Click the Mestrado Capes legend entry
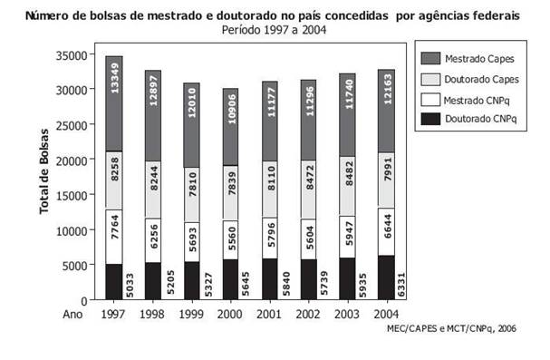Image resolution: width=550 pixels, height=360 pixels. click(481, 59)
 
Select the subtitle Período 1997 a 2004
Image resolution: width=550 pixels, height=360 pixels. click(274, 29)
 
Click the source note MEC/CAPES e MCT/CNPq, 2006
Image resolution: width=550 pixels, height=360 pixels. click(451, 329)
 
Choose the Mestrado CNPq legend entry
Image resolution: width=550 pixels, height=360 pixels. click(479, 100)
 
